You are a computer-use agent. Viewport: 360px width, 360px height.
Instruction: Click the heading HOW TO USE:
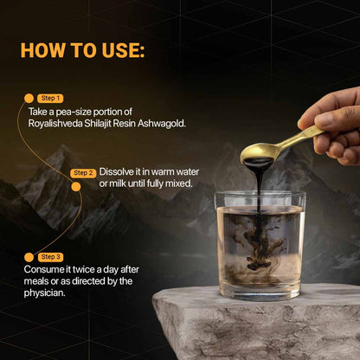pyautogui.click(x=80, y=49)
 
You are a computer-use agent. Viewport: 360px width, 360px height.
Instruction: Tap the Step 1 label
pyautogui.click(x=51, y=98)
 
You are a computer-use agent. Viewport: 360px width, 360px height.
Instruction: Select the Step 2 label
pyautogui.click(x=84, y=172)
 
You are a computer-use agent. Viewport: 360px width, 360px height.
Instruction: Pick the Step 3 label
pyautogui.click(x=51, y=257)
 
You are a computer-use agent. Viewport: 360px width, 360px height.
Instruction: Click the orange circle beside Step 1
pyautogui.click(x=29, y=98)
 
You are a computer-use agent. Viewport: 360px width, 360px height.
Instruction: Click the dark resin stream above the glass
pyautogui.click(x=255, y=182)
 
